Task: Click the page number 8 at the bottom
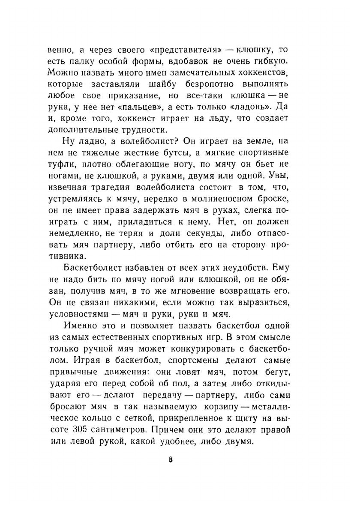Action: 171,460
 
